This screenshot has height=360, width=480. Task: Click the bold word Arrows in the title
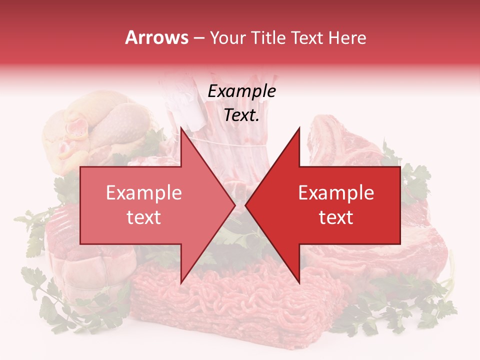coord(157,37)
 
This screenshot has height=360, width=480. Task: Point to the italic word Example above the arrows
coord(241,91)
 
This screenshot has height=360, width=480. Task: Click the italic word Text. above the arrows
coord(241,115)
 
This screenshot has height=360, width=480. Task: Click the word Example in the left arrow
coord(144,193)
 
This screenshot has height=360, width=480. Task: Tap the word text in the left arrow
coord(144,217)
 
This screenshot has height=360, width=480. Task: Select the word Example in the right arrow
coord(336,193)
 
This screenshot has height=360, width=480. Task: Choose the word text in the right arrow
coord(336,217)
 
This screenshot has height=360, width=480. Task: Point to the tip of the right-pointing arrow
coord(234,205)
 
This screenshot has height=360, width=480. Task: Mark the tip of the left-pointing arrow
coord(246,205)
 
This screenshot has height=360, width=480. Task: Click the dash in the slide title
coord(198,38)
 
